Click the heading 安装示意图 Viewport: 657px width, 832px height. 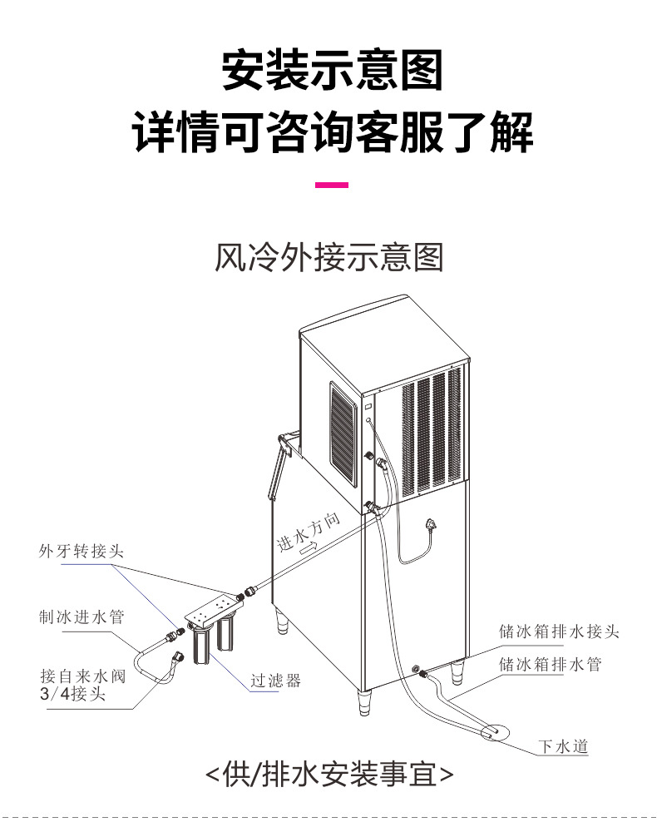(332, 70)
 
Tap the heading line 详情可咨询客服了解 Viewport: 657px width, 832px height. (332, 132)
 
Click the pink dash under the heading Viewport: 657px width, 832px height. (332, 185)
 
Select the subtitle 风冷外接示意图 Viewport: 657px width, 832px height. (328, 257)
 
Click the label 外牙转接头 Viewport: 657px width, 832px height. (82, 552)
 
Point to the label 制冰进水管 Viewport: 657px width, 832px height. (82, 617)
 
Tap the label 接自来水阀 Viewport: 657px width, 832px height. (82, 676)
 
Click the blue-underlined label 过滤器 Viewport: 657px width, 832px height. (276, 681)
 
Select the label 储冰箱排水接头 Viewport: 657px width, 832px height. (559, 631)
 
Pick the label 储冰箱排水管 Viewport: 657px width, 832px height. (551, 664)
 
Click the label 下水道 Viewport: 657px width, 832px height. (563, 746)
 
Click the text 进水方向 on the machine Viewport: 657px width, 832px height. (309, 532)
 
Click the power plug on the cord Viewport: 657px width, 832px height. (431, 526)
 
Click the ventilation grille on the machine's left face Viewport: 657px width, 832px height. (343, 433)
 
